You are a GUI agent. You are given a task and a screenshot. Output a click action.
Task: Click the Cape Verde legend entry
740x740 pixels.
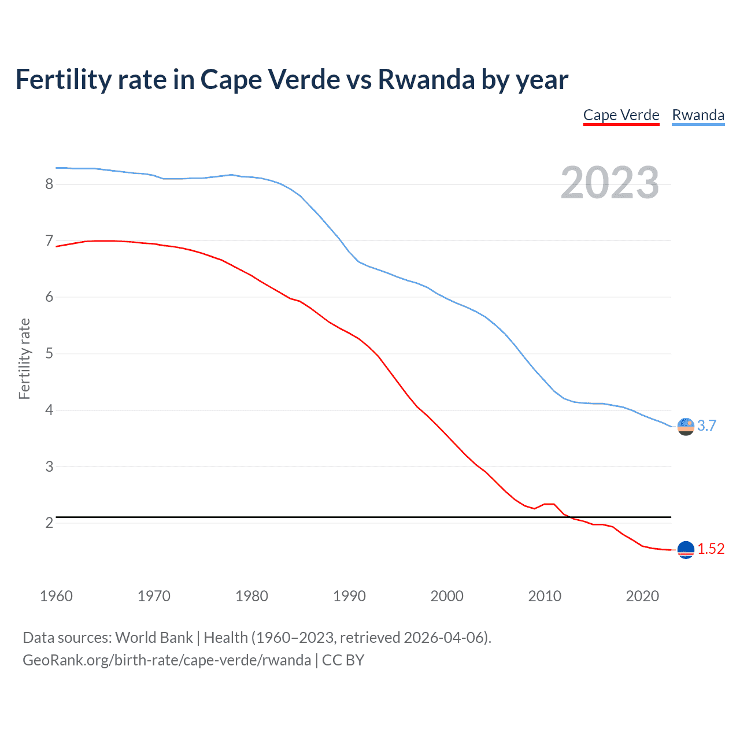621,115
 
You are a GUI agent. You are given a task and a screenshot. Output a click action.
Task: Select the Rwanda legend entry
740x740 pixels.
698,115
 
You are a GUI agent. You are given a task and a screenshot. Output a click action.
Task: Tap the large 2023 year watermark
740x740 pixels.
609,183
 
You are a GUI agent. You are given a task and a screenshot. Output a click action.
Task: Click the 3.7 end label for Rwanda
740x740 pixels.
706,425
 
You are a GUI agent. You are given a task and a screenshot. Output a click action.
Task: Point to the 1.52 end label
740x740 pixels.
711,549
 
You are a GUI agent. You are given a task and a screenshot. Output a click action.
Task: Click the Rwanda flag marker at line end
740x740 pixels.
686,427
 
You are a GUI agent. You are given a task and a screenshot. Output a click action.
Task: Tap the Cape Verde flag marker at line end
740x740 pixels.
686,550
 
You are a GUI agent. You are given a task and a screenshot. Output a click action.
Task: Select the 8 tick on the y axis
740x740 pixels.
49,184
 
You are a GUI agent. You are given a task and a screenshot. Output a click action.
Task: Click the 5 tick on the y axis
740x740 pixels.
49,353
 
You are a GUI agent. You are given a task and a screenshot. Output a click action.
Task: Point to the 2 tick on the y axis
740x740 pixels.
49,523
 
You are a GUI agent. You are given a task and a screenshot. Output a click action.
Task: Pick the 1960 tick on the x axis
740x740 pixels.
56,596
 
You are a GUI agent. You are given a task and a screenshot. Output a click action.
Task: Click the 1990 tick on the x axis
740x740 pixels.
349,596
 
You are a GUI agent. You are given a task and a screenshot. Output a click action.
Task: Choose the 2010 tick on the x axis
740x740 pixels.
545,596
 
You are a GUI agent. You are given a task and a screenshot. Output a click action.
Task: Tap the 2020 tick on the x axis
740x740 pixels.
642,596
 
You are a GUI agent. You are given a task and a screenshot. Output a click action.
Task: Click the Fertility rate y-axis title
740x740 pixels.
24,358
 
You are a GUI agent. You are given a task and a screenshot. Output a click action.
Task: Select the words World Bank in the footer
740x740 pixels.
154,638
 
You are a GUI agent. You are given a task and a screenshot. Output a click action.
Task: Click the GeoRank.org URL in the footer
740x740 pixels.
166,660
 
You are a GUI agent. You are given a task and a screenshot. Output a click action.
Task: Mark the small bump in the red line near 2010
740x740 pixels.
549,504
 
